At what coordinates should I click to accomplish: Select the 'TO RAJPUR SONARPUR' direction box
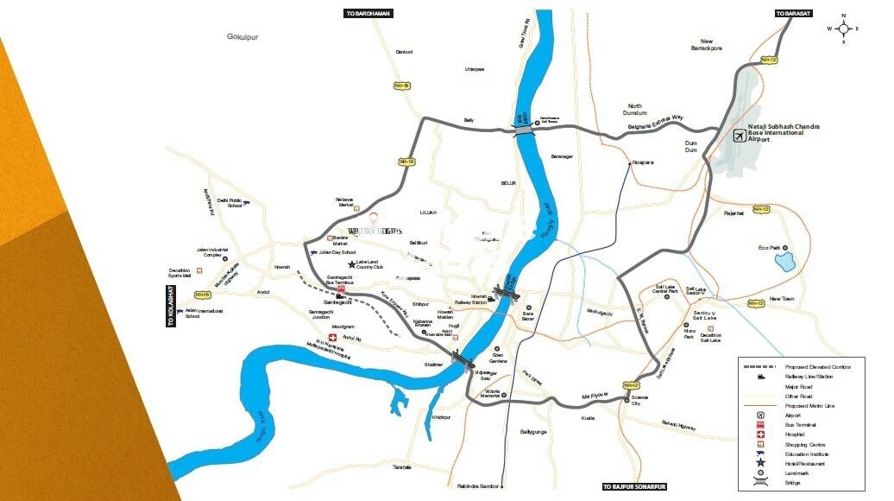click(x=634, y=486)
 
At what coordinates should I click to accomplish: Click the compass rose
click(x=843, y=29)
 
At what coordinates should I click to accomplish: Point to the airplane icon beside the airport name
click(x=739, y=135)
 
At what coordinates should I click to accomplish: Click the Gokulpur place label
click(x=242, y=37)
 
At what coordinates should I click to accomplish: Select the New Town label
click(x=782, y=299)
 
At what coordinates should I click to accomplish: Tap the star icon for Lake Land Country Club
click(x=351, y=264)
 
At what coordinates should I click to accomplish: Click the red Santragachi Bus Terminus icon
click(x=341, y=288)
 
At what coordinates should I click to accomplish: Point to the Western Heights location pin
click(x=374, y=218)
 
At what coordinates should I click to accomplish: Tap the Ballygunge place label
click(x=535, y=431)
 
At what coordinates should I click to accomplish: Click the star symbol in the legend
click(x=760, y=464)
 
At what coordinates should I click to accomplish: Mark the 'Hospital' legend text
click(x=796, y=434)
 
